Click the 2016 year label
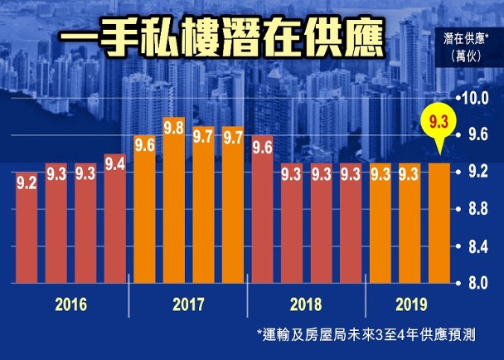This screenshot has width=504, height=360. tap(71, 304)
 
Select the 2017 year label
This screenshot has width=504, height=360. tap(188, 304)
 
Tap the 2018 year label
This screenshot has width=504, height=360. tap(307, 304)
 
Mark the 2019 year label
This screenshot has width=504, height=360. tap(409, 304)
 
